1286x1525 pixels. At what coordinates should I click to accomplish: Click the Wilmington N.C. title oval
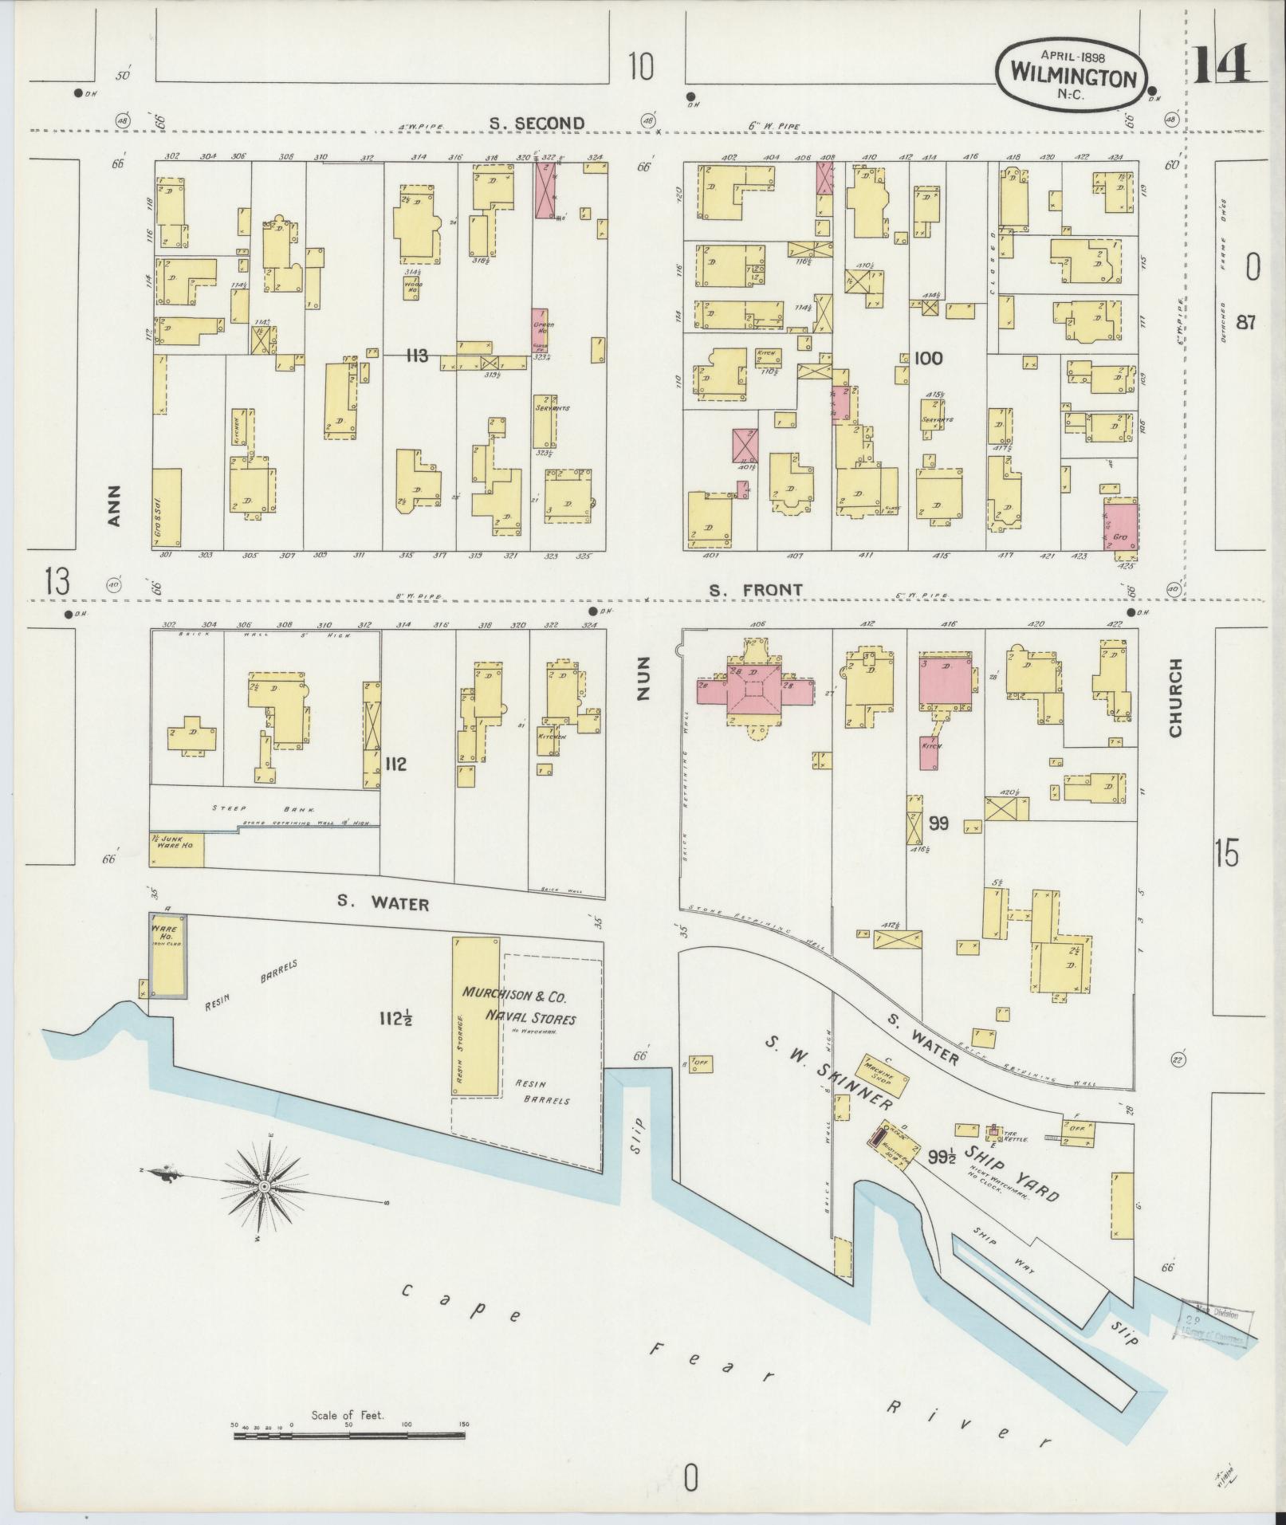[x=1073, y=77]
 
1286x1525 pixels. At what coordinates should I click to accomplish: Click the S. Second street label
[x=536, y=123]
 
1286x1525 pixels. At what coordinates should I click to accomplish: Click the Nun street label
[x=644, y=678]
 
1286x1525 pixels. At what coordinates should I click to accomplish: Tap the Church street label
[x=1174, y=698]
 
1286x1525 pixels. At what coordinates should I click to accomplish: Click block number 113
[x=416, y=356]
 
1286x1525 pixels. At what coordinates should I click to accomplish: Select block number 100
[x=928, y=358]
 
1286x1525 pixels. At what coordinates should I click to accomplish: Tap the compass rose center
[x=264, y=1187]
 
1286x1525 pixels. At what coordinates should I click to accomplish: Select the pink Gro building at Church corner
[x=1120, y=525]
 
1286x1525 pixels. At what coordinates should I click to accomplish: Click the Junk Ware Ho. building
[x=176, y=849]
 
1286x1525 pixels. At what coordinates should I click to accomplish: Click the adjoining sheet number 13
[x=58, y=583]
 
